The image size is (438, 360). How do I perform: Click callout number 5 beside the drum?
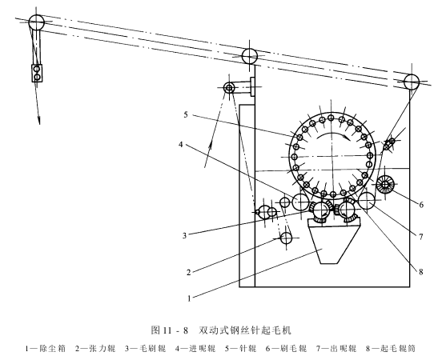click(186, 114)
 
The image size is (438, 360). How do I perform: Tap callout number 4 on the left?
click(181, 145)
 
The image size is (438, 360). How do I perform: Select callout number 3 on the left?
click(184, 235)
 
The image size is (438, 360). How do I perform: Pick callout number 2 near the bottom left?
click(188, 272)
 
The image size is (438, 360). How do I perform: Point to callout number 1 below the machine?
click(189, 298)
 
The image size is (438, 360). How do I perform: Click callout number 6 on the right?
click(421, 205)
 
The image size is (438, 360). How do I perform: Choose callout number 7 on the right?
click(421, 237)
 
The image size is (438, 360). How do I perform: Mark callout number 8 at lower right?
click(421, 271)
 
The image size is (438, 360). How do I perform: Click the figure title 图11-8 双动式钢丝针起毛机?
click(221, 330)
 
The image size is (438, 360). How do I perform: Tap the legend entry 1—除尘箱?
click(46, 349)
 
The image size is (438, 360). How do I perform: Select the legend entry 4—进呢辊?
click(195, 349)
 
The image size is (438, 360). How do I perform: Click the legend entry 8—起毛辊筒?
click(391, 349)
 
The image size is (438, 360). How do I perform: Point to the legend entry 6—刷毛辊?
click(286, 349)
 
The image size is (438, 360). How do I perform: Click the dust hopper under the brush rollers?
click(334, 242)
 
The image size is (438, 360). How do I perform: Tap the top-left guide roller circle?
click(37, 22)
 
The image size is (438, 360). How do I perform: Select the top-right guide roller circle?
click(412, 82)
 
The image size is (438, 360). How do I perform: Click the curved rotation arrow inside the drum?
click(332, 135)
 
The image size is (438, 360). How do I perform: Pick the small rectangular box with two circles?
click(37, 73)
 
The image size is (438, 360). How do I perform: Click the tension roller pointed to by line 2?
click(287, 238)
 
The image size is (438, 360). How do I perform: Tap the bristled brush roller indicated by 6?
click(385, 184)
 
